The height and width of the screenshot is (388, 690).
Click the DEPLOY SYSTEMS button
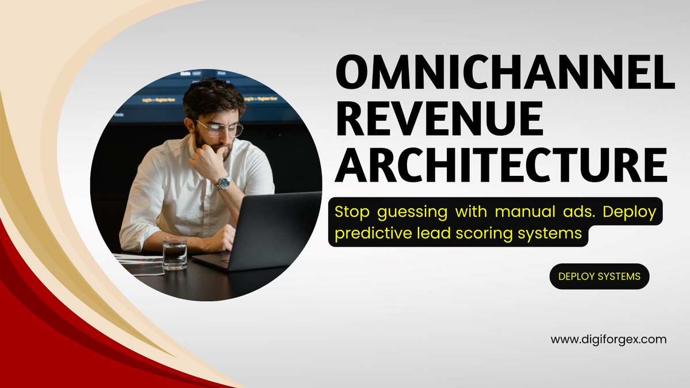point(600,276)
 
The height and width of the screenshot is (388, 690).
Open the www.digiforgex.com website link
point(608,340)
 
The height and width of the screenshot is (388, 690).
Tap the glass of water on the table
point(174,253)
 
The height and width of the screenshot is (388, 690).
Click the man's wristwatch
point(223,182)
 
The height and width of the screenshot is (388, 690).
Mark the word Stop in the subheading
point(352,212)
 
